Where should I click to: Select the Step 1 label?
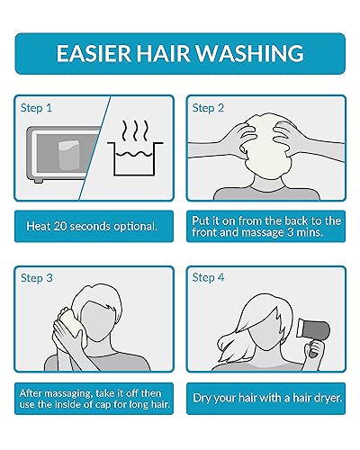pos(37,107)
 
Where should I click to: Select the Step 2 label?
pos(209,107)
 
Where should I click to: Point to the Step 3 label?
pos(37,277)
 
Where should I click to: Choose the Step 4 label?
pos(209,277)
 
